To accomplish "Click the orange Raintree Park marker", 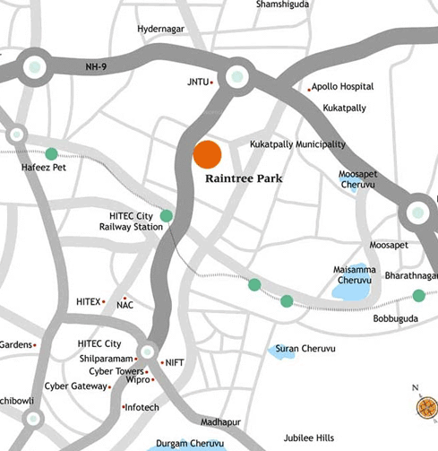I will coord(207,154).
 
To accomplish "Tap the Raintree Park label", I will coord(244,179).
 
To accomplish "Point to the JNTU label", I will coord(196,82).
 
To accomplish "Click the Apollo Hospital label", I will coord(344,88).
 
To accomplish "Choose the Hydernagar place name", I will coord(159,30).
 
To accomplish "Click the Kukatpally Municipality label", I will coord(297,144).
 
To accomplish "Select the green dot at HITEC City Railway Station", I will coord(167,215).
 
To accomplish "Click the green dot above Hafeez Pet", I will coord(51,153).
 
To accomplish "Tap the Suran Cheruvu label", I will coord(300,348).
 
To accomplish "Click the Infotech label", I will coord(143,407).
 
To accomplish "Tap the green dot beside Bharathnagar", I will coord(418,296).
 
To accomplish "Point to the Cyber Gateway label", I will coord(74,386).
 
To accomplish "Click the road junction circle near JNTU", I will coord(237,77).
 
